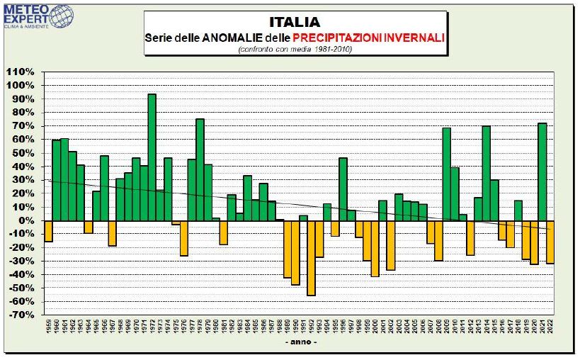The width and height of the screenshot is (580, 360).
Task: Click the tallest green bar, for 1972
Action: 152,157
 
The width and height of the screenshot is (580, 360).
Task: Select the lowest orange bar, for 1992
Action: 311,257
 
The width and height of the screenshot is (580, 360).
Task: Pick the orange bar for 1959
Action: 48,231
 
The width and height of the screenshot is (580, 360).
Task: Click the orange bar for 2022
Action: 550,242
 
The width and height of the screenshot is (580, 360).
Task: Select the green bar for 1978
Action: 200,169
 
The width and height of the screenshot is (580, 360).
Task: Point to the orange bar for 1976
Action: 183,237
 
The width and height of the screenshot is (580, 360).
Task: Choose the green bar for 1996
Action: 343,189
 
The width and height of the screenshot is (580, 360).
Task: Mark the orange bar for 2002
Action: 391,245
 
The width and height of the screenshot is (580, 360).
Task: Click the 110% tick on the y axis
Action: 21,72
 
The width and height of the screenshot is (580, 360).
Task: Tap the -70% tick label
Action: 21,315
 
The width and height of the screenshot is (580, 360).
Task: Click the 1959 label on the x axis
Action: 48,327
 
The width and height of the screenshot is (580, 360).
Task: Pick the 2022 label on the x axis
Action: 550,327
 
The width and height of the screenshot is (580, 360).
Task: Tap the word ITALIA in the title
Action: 295,22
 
